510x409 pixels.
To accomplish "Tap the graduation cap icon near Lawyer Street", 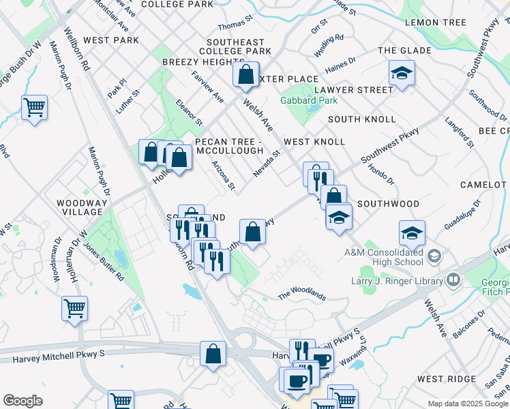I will [x=402, y=74].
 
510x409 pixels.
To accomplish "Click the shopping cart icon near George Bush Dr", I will [x=34, y=108].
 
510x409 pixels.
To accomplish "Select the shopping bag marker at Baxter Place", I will [x=246, y=74].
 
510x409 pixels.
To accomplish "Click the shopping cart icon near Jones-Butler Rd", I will [x=74, y=307].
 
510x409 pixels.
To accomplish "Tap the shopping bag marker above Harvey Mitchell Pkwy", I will [x=213, y=354].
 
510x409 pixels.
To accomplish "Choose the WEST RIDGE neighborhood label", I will [x=446, y=378].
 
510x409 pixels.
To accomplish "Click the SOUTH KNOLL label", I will [x=361, y=119].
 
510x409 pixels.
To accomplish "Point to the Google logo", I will [x=22, y=401].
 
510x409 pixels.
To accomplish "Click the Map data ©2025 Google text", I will [x=468, y=404].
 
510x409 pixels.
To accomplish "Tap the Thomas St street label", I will [x=235, y=27].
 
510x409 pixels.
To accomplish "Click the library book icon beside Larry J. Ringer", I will [x=453, y=279].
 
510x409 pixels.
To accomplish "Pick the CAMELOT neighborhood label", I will [x=484, y=185].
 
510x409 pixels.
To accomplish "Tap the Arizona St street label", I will [x=224, y=176].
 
